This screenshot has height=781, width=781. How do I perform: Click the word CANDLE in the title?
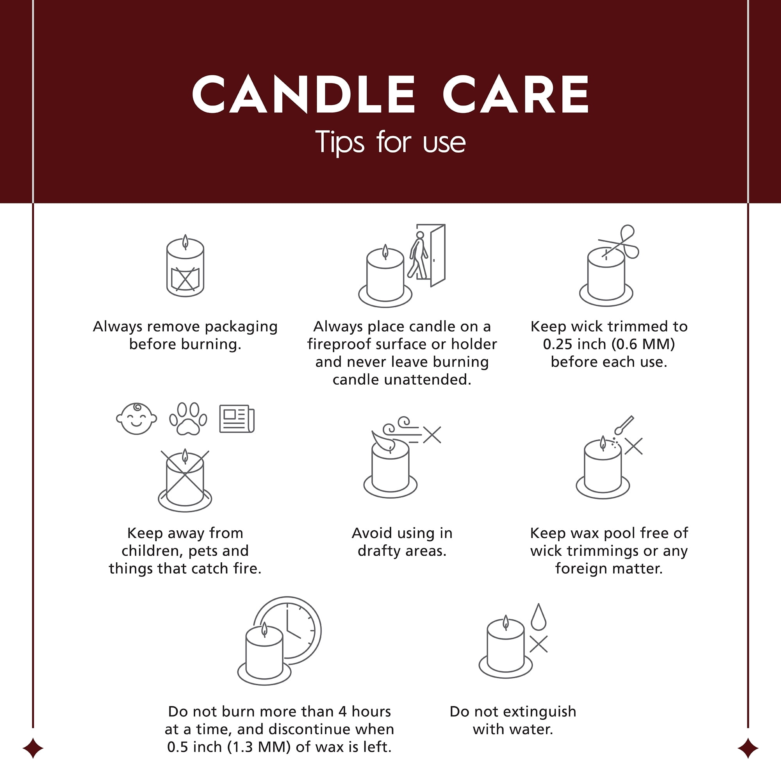[x=303, y=94]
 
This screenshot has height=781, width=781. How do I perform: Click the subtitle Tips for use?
[x=390, y=142]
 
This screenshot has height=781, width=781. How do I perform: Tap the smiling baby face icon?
[x=137, y=419]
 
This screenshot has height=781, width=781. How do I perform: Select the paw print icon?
[x=188, y=419]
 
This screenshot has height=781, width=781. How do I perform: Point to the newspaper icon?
[x=237, y=419]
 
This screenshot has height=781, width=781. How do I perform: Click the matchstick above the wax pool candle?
[x=624, y=425]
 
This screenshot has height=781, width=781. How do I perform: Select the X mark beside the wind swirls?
[x=432, y=435]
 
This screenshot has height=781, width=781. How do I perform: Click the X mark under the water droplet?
[x=538, y=644]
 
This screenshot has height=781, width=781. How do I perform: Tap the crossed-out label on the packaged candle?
[x=185, y=278]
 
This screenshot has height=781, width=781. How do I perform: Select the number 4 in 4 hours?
[x=342, y=711]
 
